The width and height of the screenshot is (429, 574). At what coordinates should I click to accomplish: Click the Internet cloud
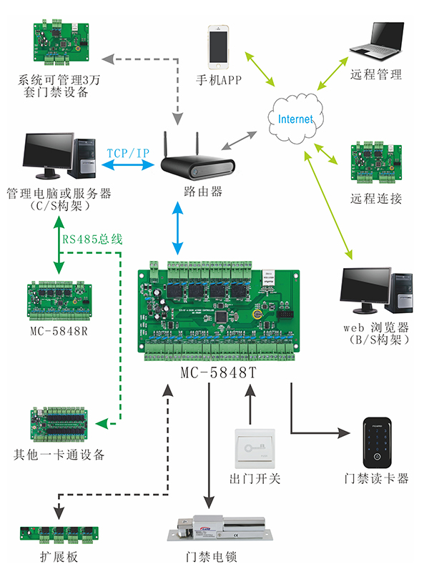[x=295, y=119]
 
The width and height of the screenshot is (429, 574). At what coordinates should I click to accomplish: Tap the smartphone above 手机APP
[x=220, y=46]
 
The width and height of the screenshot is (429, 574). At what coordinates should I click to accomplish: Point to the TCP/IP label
[x=128, y=154]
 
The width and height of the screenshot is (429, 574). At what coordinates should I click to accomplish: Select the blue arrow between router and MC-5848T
[x=177, y=229]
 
